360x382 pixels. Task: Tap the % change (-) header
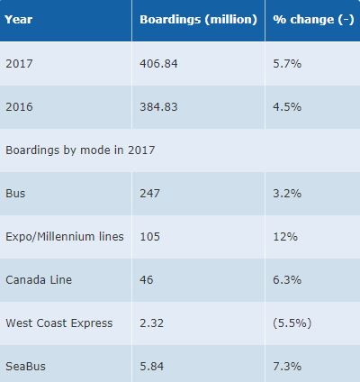point(307,19)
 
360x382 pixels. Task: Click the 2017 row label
point(19,63)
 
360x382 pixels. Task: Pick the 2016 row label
point(19,106)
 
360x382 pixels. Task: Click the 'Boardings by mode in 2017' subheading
point(80,150)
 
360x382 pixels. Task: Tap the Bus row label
point(14,193)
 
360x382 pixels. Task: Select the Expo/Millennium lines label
point(64,236)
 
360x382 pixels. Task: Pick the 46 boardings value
point(147,279)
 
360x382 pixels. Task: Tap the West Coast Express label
point(59,323)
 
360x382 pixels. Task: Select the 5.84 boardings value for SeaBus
point(154,365)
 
